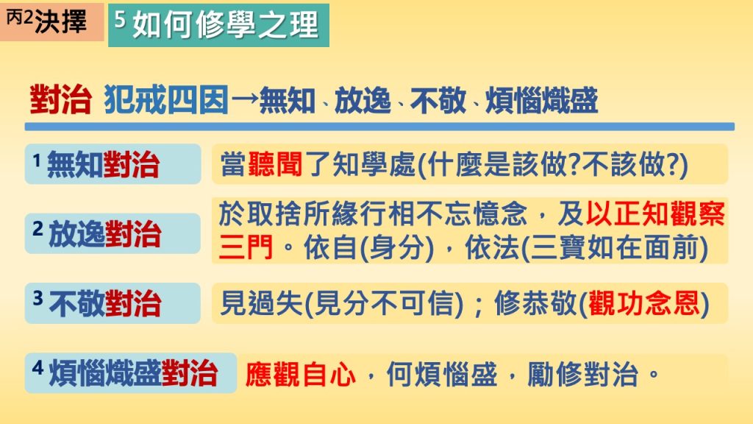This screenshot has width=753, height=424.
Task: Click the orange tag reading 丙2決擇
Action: (x=52, y=21)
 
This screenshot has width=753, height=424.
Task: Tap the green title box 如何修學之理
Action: (x=218, y=25)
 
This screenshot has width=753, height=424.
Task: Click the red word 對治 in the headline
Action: (x=60, y=100)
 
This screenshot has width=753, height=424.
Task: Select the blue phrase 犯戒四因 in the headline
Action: (x=166, y=100)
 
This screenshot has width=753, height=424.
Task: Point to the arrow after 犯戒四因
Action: (x=244, y=101)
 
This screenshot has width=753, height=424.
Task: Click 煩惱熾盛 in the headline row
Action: (x=542, y=100)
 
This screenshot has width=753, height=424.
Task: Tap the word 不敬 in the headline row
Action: (x=438, y=100)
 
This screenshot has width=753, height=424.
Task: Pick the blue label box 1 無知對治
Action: (x=113, y=164)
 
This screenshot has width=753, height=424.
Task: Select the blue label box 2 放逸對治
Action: (x=113, y=233)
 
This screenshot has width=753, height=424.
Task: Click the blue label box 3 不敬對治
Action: (x=113, y=303)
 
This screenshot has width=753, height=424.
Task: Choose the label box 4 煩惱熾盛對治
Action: (x=131, y=373)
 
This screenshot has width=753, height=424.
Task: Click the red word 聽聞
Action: (x=276, y=164)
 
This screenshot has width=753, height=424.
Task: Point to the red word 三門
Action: (x=246, y=247)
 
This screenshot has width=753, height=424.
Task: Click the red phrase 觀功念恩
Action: (x=644, y=303)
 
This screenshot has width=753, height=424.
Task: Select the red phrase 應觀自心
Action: (x=301, y=374)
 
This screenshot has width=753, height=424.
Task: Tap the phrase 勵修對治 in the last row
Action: (x=582, y=374)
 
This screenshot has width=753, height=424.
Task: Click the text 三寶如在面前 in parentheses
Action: (x=615, y=248)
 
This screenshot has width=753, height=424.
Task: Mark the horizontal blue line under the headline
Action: (x=379, y=127)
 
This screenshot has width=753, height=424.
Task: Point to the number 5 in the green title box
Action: (x=120, y=19)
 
